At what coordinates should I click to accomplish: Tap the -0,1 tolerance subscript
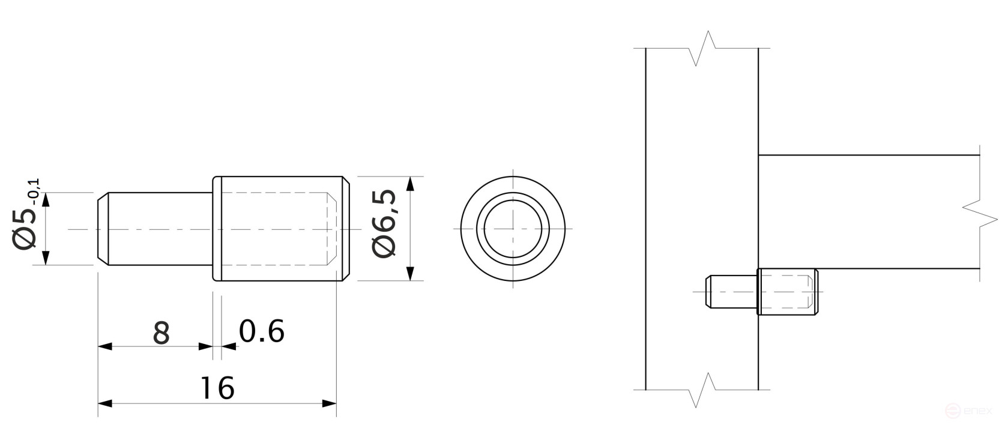click(34, 191)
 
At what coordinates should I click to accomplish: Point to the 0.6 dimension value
click(261, 331)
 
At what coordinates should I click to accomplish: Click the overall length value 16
click(217, 388)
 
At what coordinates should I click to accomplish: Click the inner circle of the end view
click(513, 229)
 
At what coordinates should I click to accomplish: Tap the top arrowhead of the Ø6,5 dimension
click(410, 184)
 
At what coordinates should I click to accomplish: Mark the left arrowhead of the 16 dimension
click(105, 403)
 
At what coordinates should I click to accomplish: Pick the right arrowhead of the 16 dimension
click(329, 403)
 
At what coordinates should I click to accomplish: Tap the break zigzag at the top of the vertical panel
click(702, 49)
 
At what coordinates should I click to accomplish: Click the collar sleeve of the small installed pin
click(787, 292)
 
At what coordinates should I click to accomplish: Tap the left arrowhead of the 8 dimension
click(105, 346)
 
